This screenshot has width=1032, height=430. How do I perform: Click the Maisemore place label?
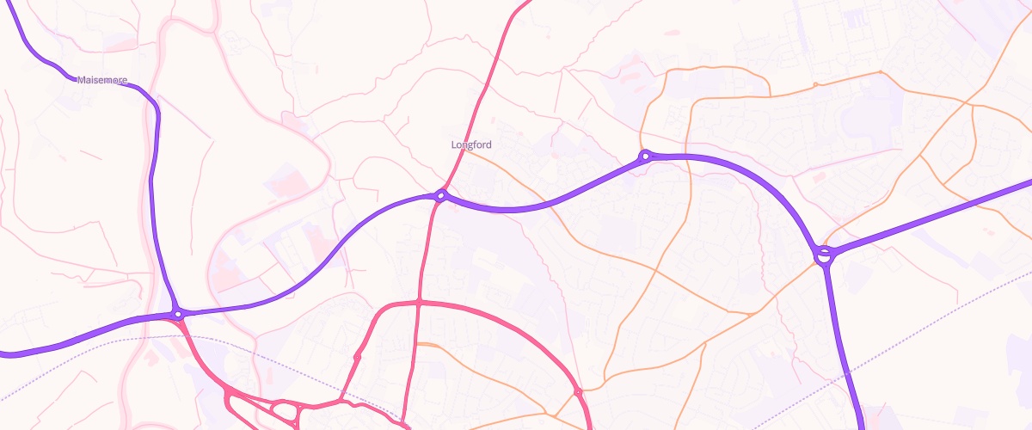point(101,80)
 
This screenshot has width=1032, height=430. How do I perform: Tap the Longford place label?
point(471,144)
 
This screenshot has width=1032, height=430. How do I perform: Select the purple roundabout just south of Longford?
point(440,196)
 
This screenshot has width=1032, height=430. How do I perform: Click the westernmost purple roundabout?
point(178,315)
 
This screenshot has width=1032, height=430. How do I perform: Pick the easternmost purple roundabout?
point(825,254)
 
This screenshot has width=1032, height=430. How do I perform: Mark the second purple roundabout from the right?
point(645,156)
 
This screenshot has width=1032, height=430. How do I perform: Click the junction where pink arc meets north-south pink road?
point(419,302)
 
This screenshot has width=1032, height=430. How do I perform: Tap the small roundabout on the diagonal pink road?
point(357,356)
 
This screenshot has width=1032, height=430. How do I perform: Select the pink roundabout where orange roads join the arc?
point(578,392)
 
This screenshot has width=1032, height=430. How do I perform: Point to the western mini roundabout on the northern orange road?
point(815,84)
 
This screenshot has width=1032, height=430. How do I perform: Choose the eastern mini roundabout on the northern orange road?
point(881,72)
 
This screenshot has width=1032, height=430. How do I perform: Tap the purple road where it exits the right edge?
point(1028,183)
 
